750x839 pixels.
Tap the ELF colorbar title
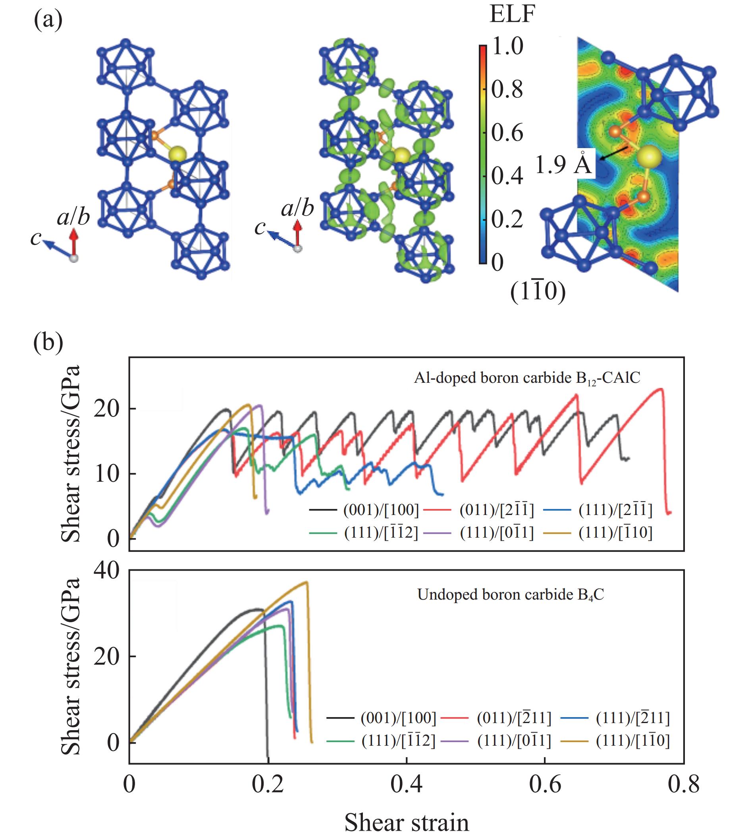[512, 15]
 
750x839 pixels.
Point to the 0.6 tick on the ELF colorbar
[507, 133]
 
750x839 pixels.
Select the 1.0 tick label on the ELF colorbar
[507, 45]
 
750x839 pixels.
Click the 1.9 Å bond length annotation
[563, 164]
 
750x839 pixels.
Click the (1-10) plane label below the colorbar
[537, 292]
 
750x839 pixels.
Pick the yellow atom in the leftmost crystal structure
[177, 154]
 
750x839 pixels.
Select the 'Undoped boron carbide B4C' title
[510, 595]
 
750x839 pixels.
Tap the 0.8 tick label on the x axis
[683, 784]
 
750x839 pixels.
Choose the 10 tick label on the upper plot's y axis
[106, 474]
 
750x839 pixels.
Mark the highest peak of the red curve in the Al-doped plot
[661, 389]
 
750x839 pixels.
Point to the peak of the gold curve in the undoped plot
[306, 582]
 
